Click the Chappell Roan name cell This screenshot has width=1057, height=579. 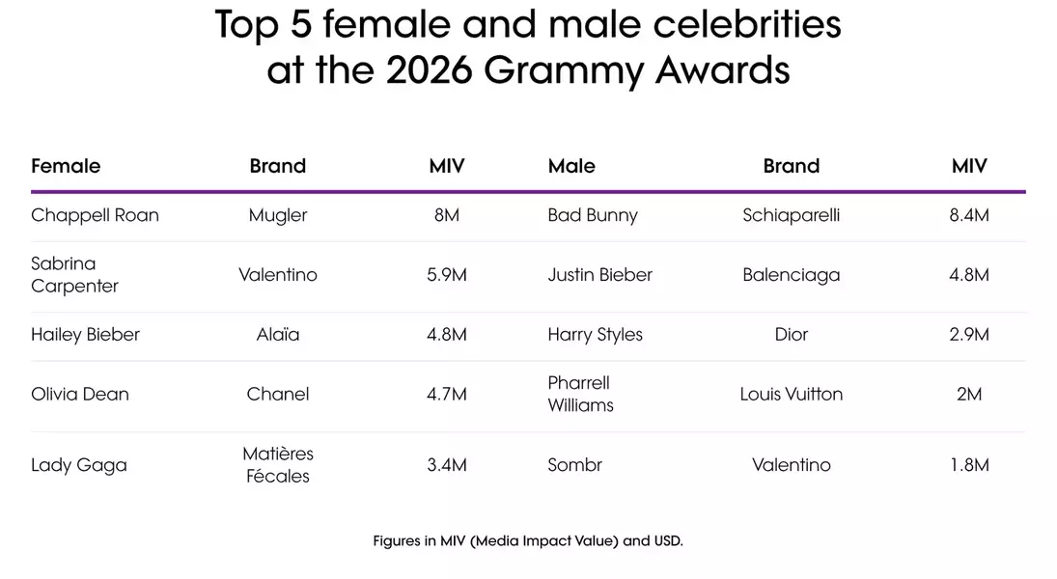tap(95, 215)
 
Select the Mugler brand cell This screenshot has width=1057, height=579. tap(278, 215)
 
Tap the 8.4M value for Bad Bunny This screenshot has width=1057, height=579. tap(969, 215)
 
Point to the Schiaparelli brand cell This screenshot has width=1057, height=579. tap(791, 215)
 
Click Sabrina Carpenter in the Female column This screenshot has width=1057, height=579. tap(75, 275)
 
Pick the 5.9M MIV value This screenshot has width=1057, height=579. tap(447, 275)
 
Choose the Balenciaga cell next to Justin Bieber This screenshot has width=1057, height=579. tap(791, 275)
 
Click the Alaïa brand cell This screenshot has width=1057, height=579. tap(278, 335)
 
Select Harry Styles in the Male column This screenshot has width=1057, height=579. tap(595, 335)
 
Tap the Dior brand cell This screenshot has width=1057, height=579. tap(791, 335)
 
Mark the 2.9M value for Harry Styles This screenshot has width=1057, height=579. tap(969, 335)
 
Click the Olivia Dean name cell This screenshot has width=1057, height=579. tap(80, 394)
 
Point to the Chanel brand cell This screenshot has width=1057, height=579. tap(278, 394)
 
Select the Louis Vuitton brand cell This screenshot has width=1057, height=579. tap(791, 394)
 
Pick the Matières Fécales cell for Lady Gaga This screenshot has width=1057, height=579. tap(278, 464)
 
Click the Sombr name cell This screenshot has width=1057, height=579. tap(574, 465)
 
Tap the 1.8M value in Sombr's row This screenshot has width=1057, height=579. tap(969, 465)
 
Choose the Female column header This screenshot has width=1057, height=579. tap(66, 166)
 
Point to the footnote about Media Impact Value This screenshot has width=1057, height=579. tap(528, 541)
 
